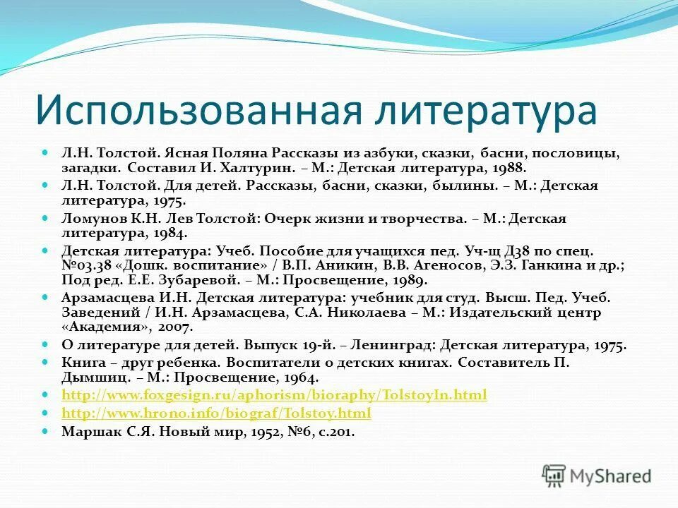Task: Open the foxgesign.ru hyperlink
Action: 274,395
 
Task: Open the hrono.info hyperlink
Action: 216,413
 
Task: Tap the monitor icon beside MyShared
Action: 554,475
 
